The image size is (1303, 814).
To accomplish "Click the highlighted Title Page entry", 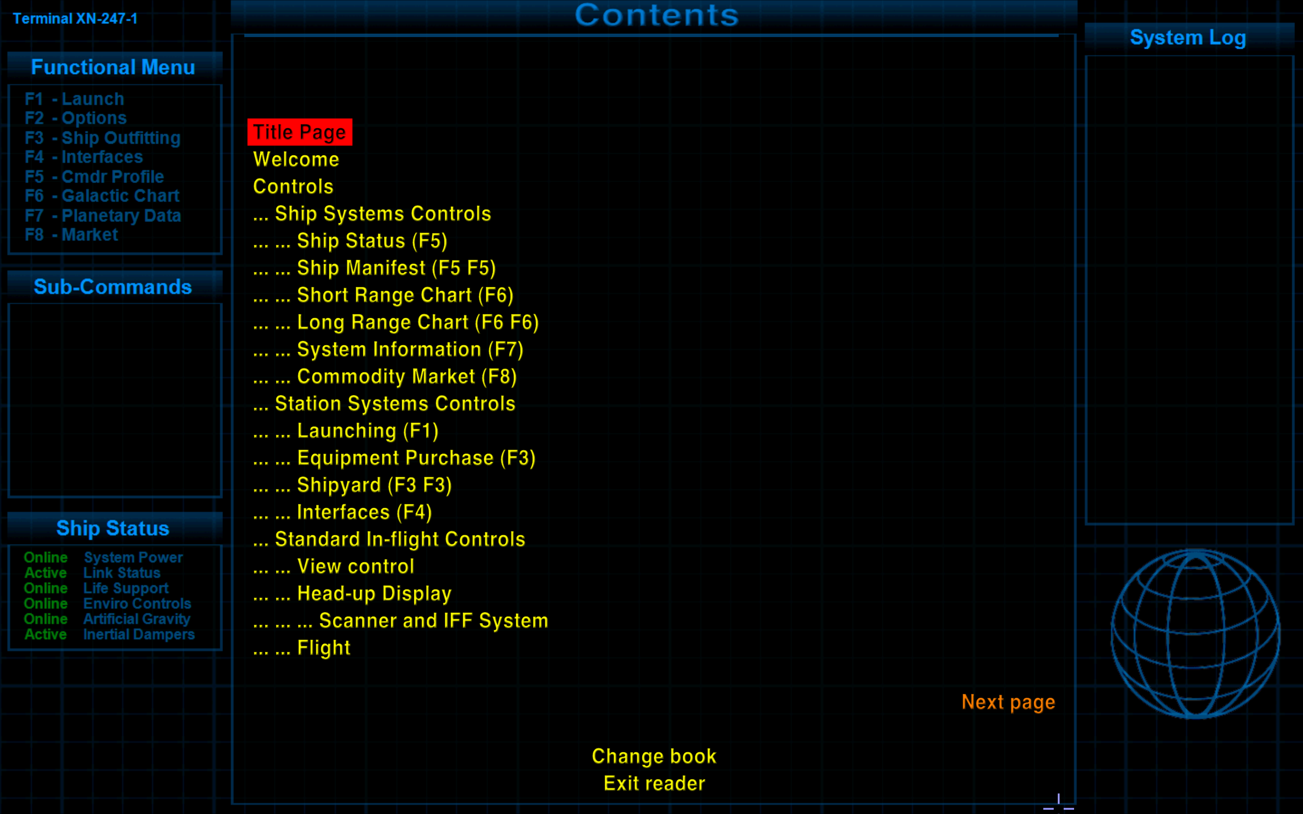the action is pyautogui.click(x=300, y=132).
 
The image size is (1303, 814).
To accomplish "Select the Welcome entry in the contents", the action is pyautogui.click(x=296, y=159).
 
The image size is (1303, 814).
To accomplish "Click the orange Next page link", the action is pyautogui.click(x=1008, y=703).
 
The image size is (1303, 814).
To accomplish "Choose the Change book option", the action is pyautogui.click(x=654, y=757).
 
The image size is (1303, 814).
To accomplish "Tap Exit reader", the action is pyautogui.click(x=654, y=783).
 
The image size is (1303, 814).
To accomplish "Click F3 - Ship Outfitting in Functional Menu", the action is pyautogui.click(x=103, y=138).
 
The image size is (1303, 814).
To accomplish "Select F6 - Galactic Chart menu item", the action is pyautogui.click(x=102, y=196).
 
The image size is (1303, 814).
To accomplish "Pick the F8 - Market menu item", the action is pyautogui.click(x=71, y=235).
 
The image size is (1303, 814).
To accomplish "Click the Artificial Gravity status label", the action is pyautogui.click(x=137, y=619).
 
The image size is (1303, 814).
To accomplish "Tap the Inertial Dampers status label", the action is pyautogui.click(x=139, y=635).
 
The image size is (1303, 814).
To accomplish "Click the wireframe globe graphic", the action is pyautogui.click(x=1195, y=634).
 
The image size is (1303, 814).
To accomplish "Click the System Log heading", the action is pyautogui.click(x=1188, y=38).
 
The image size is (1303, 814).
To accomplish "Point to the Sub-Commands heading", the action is pyautogui.click(x=113, y=287).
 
